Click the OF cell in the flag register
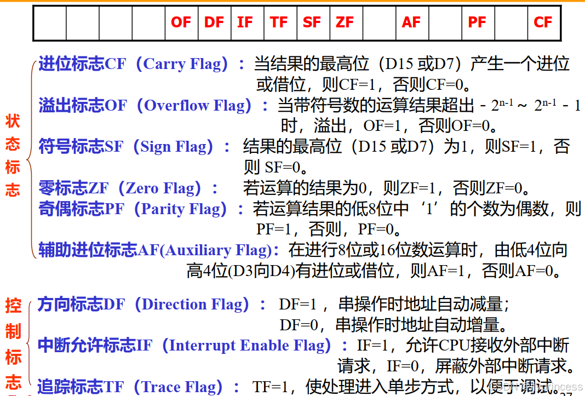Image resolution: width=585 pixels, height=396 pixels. pyautogui.click(x=181, y=22)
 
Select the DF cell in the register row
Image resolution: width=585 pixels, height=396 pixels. pyautogui.click(x=214, y=22)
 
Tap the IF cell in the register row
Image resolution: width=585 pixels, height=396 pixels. pyautogui.click(x=245, y=22)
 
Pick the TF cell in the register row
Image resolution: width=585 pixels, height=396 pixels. pyautogui.click(x=279, y=22)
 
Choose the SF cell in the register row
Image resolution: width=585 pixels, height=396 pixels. pyautogui.click(x=312, y=22)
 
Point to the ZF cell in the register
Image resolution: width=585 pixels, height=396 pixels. pyautogui.click(x=345, y=22)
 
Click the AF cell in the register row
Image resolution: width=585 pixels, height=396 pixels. pyautogui.click(x=411, y=22)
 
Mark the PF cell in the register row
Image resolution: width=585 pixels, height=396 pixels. pyautogui.click(x=477, y=22)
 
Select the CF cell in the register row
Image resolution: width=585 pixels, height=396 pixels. pyautogui.click(x=543, y=22)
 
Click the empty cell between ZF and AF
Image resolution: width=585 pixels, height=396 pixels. pyautogui.click(x=379, y=22)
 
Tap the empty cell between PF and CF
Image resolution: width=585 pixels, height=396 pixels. pyautogui.click(x=511, y=22)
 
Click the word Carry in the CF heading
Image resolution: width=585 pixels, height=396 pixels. pyautogui.click(x=164, y=65)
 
